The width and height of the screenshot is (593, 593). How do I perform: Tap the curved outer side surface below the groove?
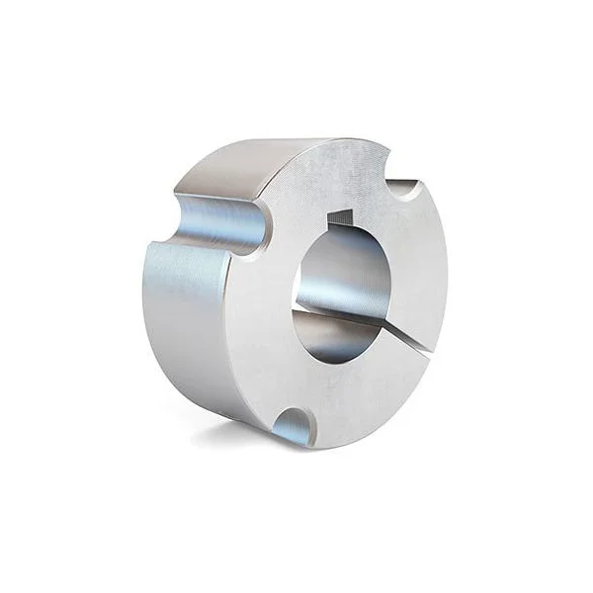188,316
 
